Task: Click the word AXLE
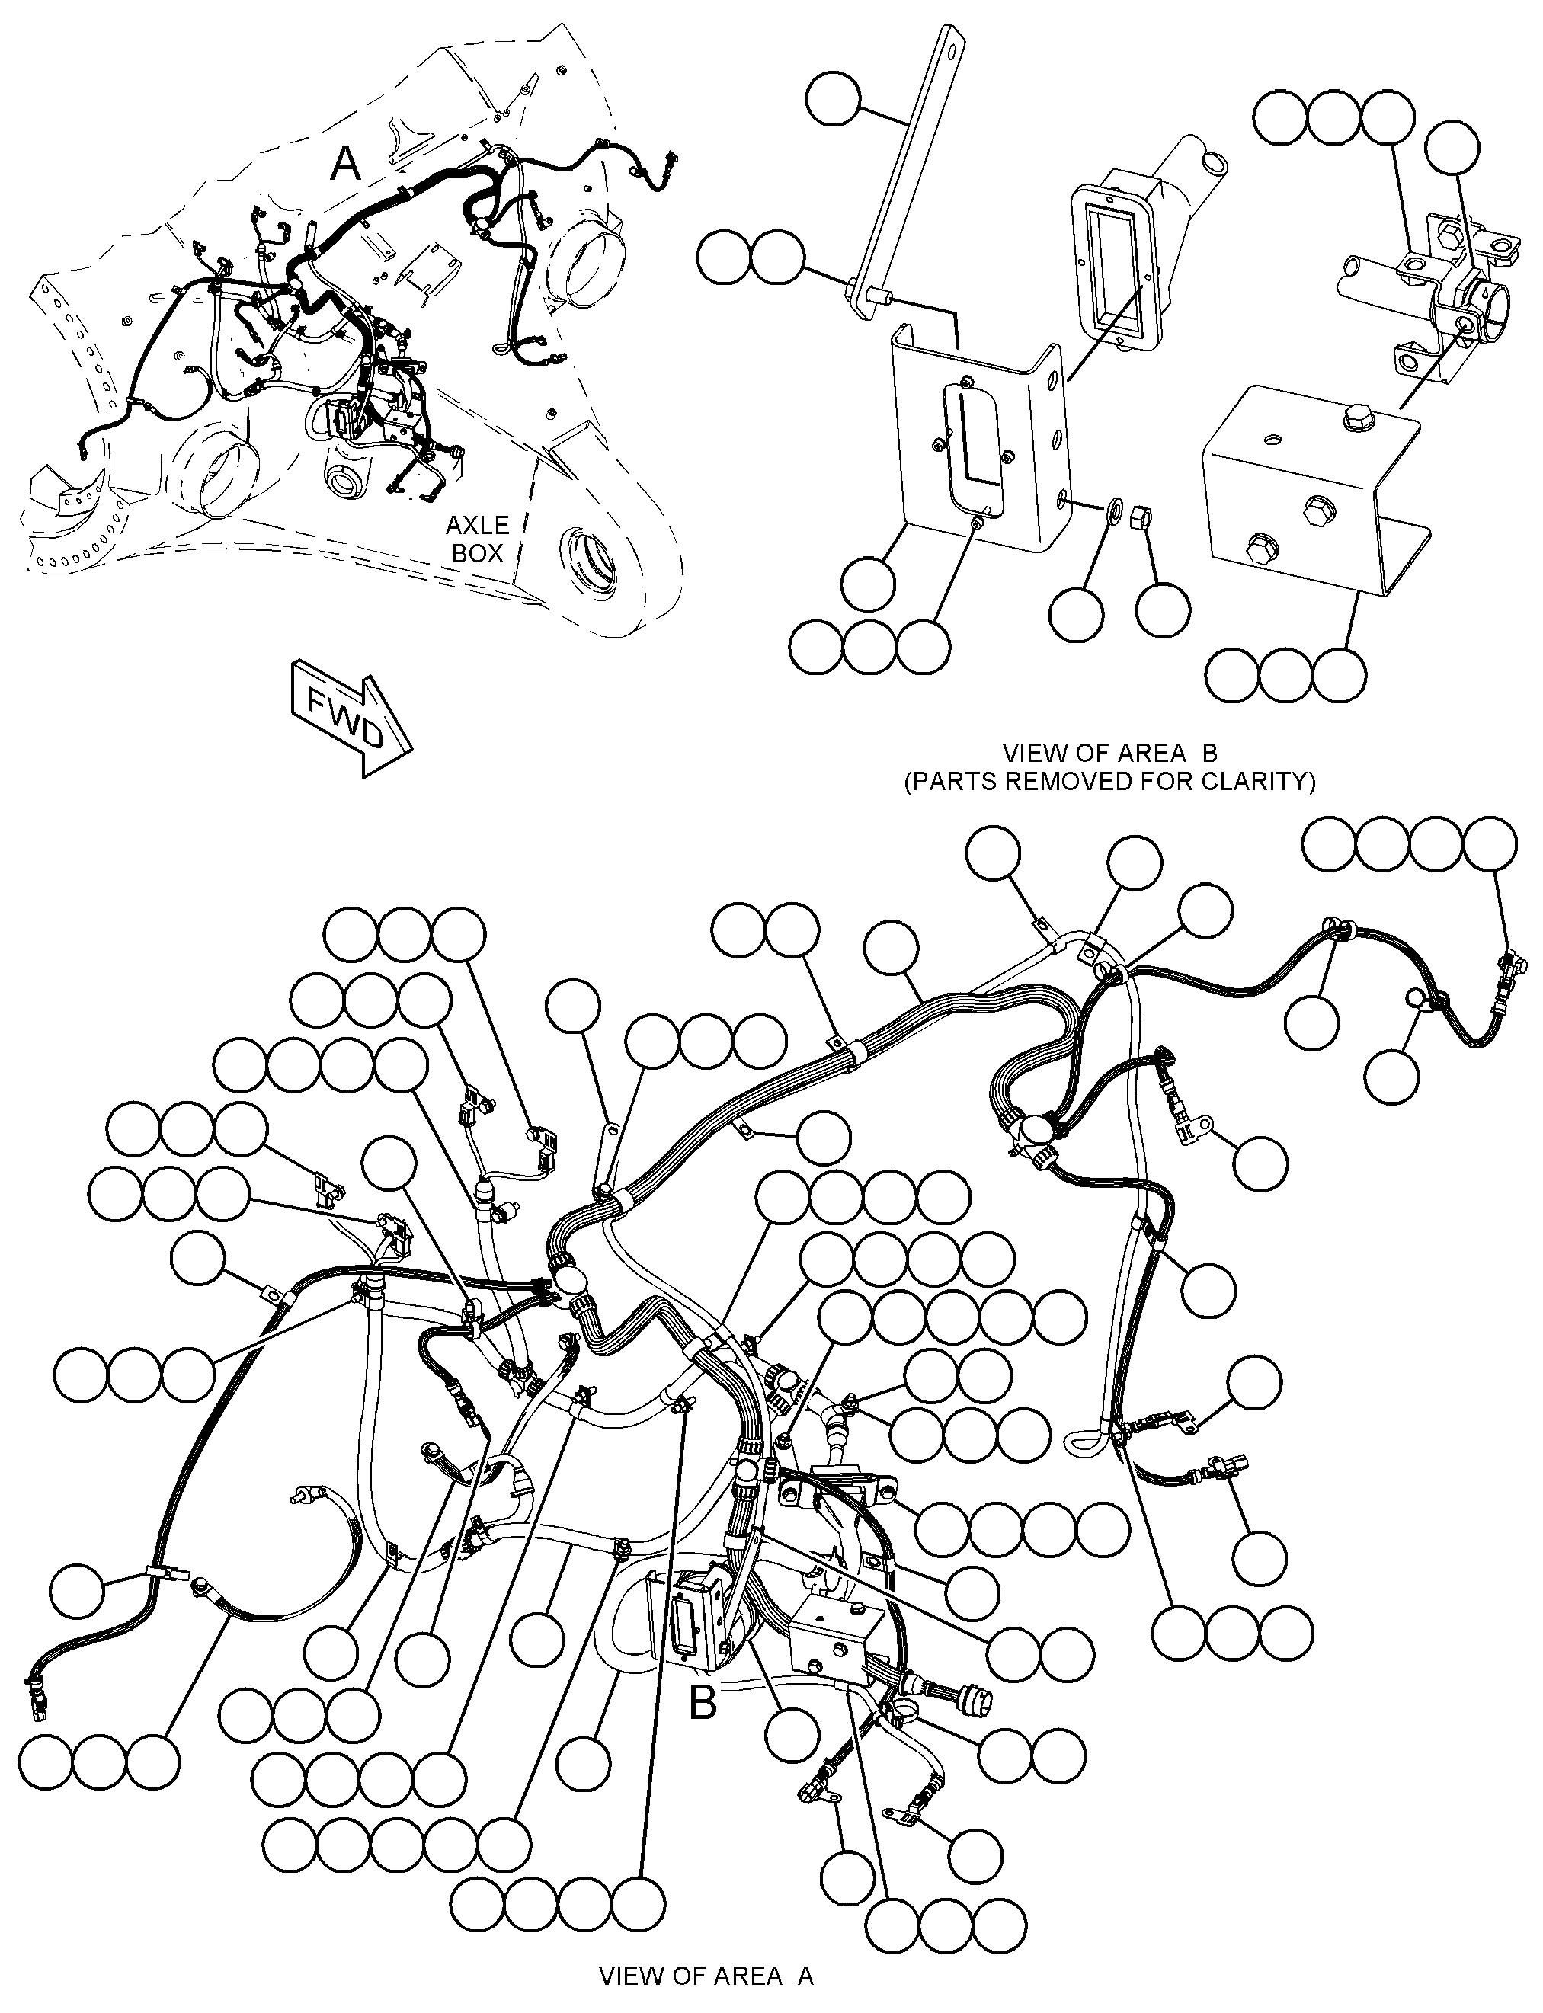click(x=477, y=525)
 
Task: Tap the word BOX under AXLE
click(x=478, y=554)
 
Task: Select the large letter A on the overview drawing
click(x=345, y=165)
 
